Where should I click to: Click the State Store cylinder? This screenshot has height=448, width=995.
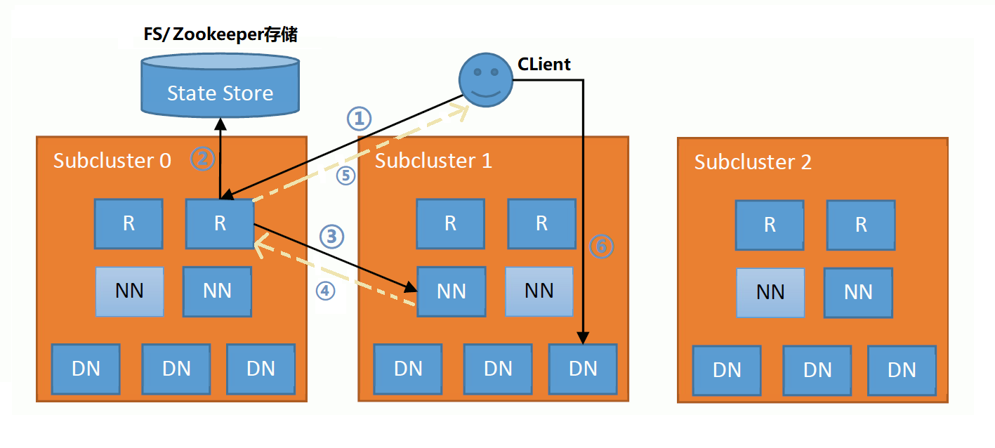pos(220,87)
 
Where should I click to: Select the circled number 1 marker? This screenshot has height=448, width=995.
pos(359,119)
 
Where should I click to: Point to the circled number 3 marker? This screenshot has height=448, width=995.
pos(332,237)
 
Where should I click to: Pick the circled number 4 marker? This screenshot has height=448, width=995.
pos(325,289)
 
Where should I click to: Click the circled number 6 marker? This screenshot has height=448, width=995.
pos(601,246)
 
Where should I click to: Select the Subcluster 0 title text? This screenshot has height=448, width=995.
pos(112,161)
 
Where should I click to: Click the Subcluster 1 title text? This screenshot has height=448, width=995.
pos(433,161)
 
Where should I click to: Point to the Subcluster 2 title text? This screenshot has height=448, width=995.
pos(753,162)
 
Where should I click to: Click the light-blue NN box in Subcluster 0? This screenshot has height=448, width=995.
pos(129,291)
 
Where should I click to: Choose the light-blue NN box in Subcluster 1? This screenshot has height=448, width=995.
pos(539,291)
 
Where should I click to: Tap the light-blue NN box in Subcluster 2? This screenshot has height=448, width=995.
pos(770,292)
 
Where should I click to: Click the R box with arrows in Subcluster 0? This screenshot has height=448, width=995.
pos(220,223)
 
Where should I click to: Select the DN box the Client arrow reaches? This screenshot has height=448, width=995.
pos(583,368)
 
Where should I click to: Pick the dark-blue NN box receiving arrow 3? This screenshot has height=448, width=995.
pos(451,291)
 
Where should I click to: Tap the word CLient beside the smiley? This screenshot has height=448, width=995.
pos(544,65)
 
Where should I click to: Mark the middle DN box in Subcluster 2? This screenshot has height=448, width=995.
pos(817,369)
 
